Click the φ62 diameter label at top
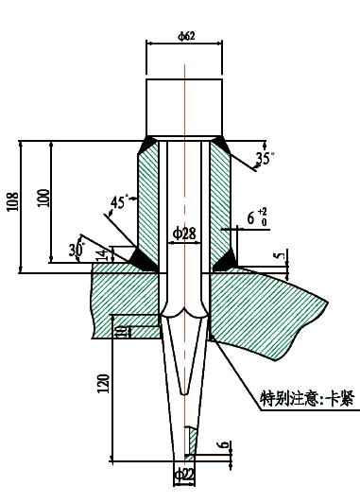pyautogui.click(x=186, y=37)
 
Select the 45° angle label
pyautogui.click(x=119, y=201)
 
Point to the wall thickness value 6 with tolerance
pyautogui.click(x=255, y=218)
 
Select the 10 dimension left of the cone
pyautogui.click(x=121, y=331)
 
